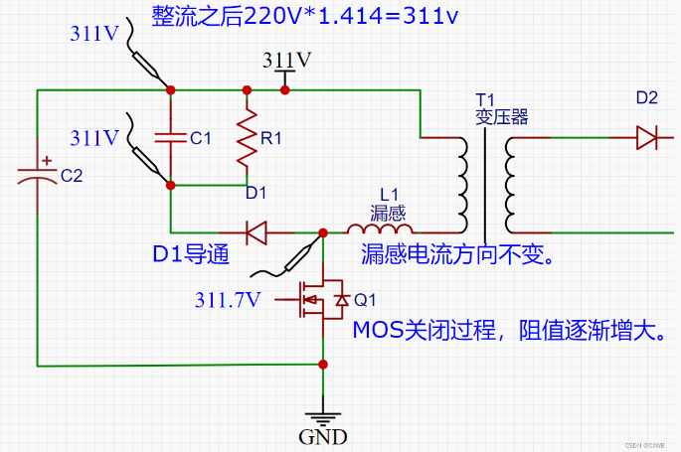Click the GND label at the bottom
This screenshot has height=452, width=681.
323,436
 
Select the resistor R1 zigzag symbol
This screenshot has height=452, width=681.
246,140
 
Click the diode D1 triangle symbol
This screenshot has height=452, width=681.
255,233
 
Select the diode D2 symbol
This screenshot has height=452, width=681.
647,137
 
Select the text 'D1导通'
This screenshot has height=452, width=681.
191,255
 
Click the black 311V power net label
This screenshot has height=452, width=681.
286,60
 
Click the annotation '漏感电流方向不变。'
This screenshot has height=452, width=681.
457,255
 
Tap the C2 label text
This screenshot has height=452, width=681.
73,176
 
